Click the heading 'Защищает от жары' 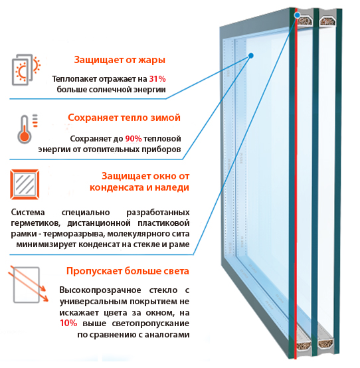click(120, 60)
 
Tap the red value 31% click(157, 79)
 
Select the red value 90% click(134, 138)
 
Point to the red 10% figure click(68, 323)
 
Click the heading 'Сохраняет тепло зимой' click(124, 118)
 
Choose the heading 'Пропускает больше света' click(128, 271)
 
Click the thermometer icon click(27, 129)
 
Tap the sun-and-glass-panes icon click(26, 70)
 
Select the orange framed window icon click(25, 185)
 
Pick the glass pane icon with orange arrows click(28, 284)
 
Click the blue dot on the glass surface click(251, 56)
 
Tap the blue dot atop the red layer click(297, 15)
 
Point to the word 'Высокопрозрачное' click(100, 290)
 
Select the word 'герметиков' click(36, 223)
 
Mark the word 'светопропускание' click(150, 323)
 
